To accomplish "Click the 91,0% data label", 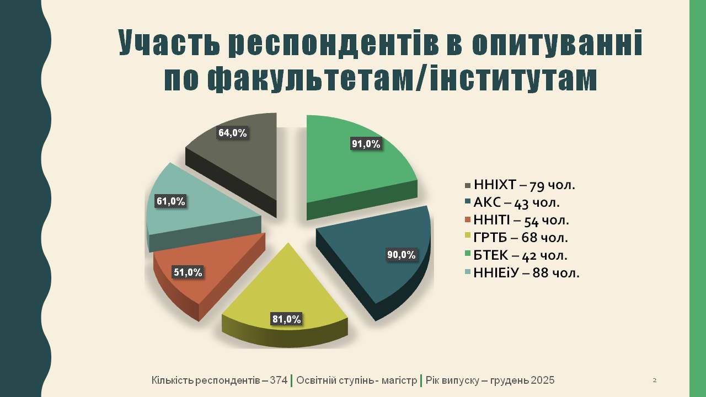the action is click(x=366, y=144).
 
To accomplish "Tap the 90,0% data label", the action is click(x=401, y=255).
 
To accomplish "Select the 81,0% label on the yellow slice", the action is click(x=287, y=319).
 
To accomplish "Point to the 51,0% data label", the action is click(x=188, y=272).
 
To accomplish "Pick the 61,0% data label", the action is click(x=171, y=201).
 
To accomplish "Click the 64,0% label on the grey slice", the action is click(x=233, y=133).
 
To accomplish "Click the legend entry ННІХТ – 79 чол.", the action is click(x=520, y=185).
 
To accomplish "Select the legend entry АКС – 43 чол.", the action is click(x=512, y=202).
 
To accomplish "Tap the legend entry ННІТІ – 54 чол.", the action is click(x=517, y=220).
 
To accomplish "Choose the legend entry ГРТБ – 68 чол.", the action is click(x=516, y=238).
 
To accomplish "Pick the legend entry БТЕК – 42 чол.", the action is click(x=516, y=255).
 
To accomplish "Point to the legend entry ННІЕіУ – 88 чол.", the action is click(x=522, y=273).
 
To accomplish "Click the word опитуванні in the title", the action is click(x=557, y=42).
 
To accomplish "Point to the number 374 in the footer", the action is click(x=279, y=380).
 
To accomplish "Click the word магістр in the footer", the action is click(x=399, y=380).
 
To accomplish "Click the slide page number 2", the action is click(x=655, y=380).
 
